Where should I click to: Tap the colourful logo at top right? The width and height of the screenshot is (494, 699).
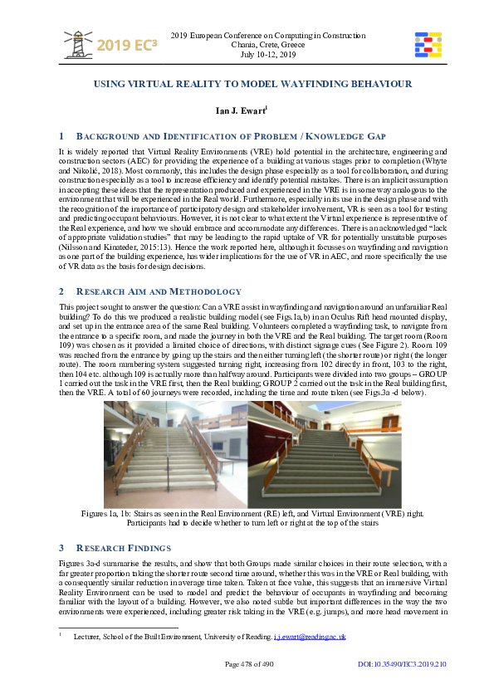(427, 45)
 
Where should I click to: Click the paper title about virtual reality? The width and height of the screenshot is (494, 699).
(247, 85)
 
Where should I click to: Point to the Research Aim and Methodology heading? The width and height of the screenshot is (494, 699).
(157, 268)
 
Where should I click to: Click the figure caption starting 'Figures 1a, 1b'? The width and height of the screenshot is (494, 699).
(247, 514)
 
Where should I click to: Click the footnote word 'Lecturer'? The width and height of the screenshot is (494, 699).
(86, 637)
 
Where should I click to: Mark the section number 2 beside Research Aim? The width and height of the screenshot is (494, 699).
(61, 268)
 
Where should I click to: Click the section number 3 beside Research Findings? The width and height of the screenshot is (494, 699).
(61, 548)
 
